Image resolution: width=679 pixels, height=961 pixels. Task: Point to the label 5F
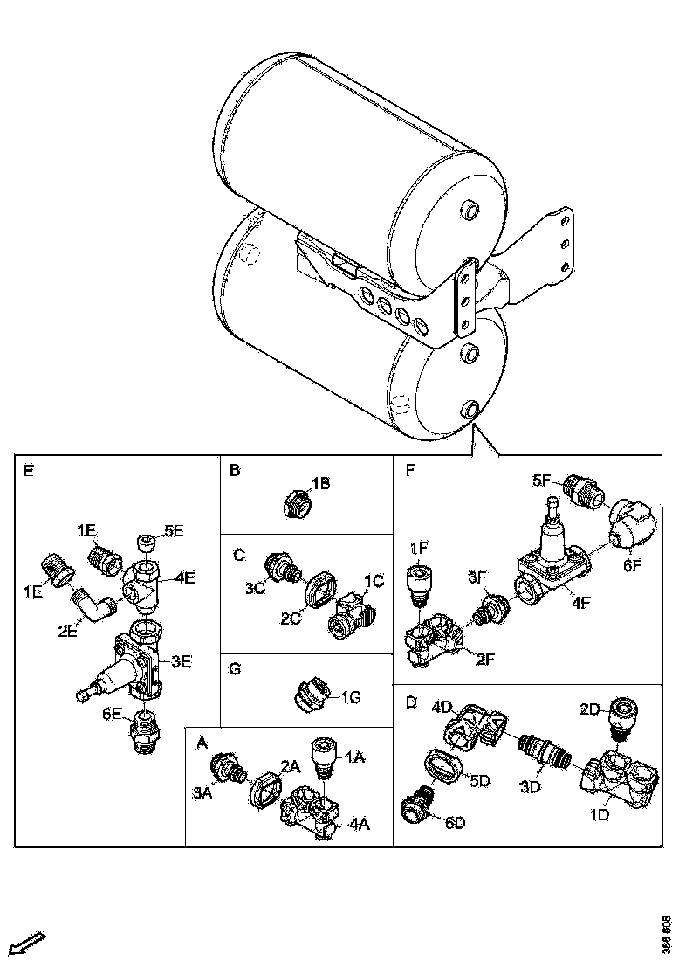point(543,480)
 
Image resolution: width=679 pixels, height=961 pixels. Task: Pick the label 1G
point(351,696)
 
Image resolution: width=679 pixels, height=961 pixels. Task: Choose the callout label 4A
point(360,823)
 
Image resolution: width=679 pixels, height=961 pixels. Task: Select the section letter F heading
point(409,470)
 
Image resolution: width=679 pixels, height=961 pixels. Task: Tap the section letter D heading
point(410,701)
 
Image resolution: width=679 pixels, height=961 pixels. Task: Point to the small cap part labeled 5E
point(146,546)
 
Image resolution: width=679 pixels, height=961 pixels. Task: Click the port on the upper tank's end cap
point(469,210)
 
